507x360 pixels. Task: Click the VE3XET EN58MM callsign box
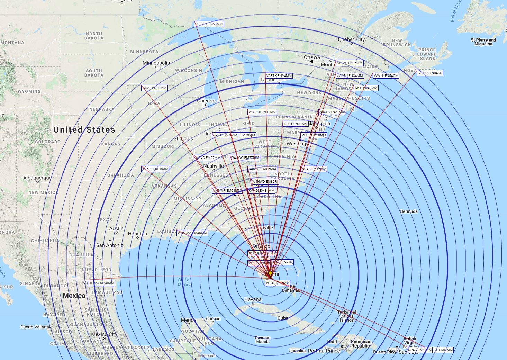click(x=209, y=24)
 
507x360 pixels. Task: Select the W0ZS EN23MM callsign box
click(x=154, y=88)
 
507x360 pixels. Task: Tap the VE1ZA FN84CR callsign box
click(x=430, y=73)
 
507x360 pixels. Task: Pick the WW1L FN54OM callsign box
click(x=386, y=76)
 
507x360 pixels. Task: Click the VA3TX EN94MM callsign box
click(x=279, y=75)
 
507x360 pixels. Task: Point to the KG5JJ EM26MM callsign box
click(x=155, y=169)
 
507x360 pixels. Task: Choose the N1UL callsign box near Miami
click(x=278, y=283)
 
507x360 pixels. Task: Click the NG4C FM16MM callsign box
click(x=314, y=169)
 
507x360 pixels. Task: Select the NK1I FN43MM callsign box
click(x=366, y=88)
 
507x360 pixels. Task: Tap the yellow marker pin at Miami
click(x=270, y=273)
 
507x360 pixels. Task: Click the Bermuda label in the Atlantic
click(x=409, y=211)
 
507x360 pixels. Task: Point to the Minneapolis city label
click(x=156, y=63)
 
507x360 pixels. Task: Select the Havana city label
click(x=253, y=299)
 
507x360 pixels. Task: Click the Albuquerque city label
click(x=37, y=178)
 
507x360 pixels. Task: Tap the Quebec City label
click(x=351, y=39)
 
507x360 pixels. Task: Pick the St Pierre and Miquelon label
click(x=483, y=42)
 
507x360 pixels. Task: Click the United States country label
click(x=84, y=130)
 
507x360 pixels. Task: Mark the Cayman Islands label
click(x=263, y=340)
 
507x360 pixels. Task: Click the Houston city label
click(x=137, y=234)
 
